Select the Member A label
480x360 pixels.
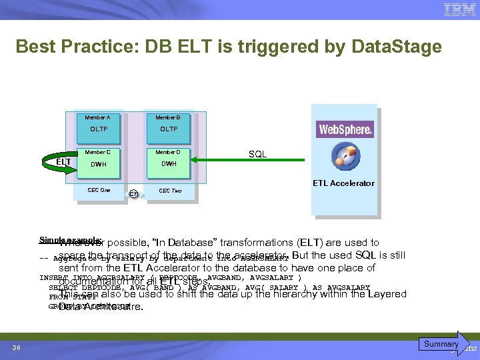click(x=98, y=117)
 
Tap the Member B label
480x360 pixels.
click(x=168, y=117)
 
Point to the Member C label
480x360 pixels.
click(x=98, y=152)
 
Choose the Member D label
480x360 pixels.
click(x=168, y=152)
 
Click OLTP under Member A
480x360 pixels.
click(x=99, y=129)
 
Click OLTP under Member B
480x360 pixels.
click(x=169, y=129)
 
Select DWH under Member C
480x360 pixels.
click(x=99, y=164)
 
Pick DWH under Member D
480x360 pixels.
click(x=169, y=164)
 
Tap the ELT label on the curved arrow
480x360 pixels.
click(x=63, y=162)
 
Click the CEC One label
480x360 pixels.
click(x=99, y=190)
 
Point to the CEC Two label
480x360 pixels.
click(x=169, y=191)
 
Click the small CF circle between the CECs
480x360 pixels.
click(x=134, y=194)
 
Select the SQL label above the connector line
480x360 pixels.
click(x=257, y=154)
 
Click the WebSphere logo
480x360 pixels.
click(x=345, y=129)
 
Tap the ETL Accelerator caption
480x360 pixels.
click(x=343, y=183)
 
